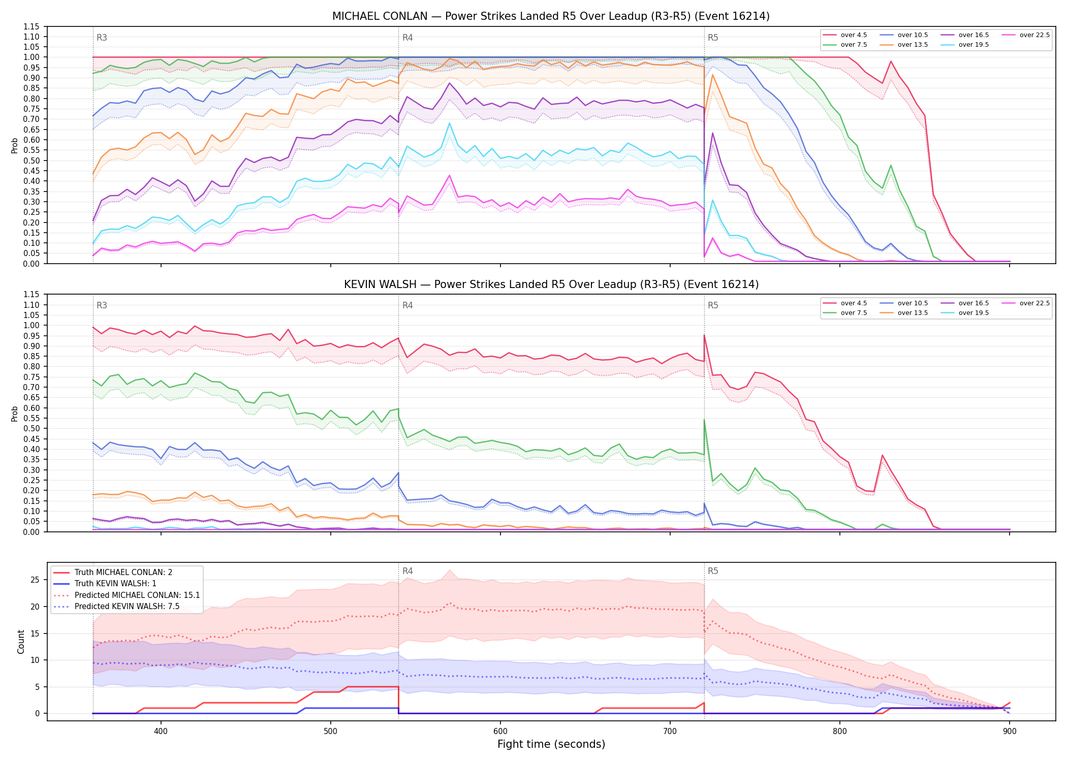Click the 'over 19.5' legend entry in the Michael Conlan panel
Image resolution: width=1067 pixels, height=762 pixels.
[964, 45]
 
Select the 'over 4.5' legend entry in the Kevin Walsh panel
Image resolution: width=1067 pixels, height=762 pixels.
[845, 303]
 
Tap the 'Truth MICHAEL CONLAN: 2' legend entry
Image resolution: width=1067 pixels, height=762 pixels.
[113, 572]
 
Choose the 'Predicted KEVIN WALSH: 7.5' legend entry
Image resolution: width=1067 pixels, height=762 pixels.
[116, 606]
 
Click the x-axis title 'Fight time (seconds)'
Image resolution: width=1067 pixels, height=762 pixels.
[551, 744]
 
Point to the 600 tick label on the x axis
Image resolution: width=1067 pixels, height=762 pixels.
[500, 732]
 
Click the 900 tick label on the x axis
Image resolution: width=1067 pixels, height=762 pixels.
[1010, 732]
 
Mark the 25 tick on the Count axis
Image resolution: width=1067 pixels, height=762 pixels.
[35, 580]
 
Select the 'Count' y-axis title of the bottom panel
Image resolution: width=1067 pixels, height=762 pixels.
[21, 642]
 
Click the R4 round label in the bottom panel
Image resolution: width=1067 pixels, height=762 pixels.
[407, 571]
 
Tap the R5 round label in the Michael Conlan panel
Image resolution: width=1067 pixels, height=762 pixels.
[713, 38]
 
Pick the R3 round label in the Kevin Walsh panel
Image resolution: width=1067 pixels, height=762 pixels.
[102, 305]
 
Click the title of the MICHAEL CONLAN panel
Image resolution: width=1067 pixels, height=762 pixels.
[551, 16]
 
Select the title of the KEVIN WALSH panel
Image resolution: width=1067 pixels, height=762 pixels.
[551, 284]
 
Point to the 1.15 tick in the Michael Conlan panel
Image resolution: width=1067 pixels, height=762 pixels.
[31, 26]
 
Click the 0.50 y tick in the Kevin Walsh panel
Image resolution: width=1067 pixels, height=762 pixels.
[31, 428]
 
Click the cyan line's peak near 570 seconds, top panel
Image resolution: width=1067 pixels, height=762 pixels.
[449, 123]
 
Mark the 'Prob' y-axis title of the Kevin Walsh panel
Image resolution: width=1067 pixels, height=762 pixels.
[15, 414]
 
